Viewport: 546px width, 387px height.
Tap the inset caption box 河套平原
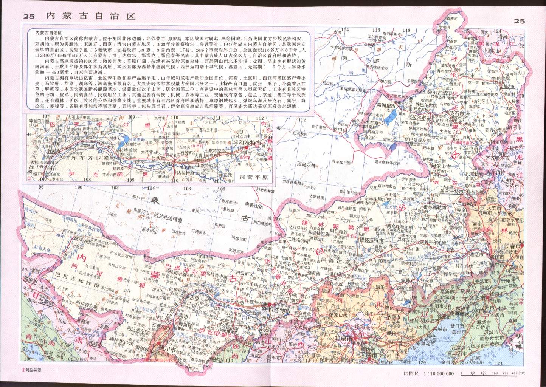pyautogui.click(x=253, y=176)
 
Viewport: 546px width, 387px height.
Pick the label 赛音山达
pyautogui.click(x=258, y=204)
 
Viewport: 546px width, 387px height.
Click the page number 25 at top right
pyautogui.click(x=519, y=21)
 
